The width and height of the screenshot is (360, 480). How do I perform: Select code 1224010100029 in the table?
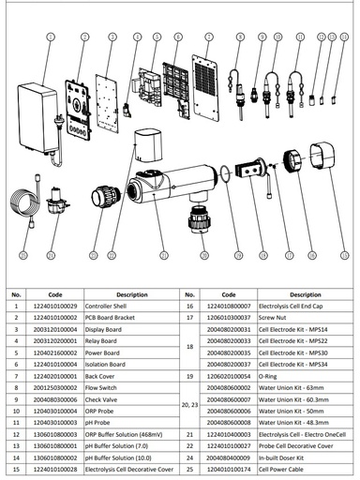tap(54, 306)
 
